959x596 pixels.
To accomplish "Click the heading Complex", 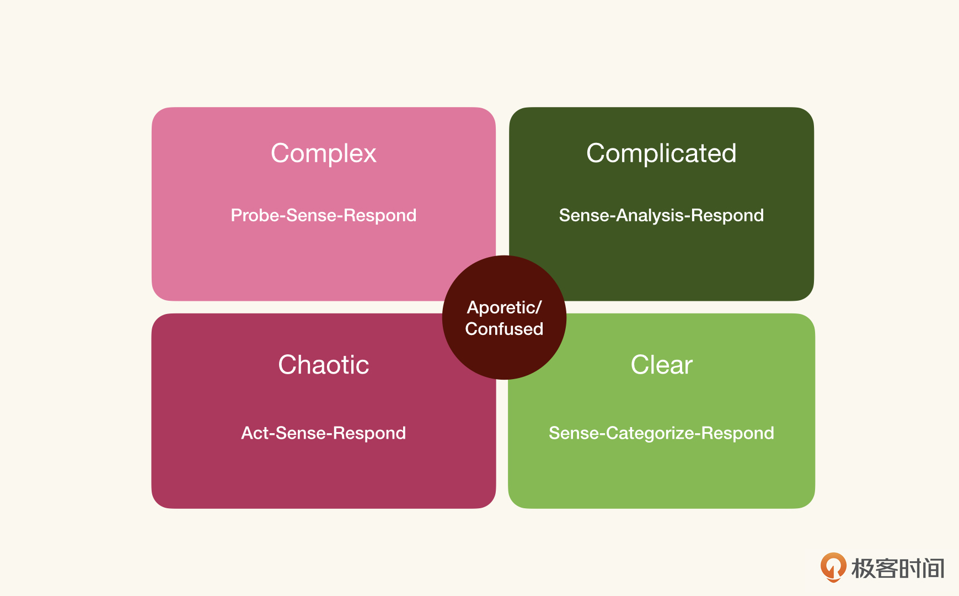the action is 324,153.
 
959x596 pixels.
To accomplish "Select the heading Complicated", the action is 661,153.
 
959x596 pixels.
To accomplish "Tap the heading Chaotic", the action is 324,365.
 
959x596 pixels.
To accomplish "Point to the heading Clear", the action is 661,365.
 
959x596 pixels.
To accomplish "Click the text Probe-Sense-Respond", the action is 324,215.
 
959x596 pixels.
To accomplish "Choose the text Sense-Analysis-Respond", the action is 661,215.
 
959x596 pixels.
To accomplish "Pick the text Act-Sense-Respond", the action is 324,433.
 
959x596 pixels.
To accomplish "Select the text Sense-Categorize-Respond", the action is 661,433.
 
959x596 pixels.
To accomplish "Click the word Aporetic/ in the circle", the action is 504,307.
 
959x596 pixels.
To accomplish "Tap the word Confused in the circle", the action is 504,329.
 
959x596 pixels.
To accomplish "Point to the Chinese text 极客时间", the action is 898,568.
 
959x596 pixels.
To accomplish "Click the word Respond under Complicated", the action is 727,215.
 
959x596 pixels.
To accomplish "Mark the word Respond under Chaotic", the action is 369,433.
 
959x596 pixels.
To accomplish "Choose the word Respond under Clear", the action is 738,433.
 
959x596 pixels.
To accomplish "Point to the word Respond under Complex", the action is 380,215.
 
